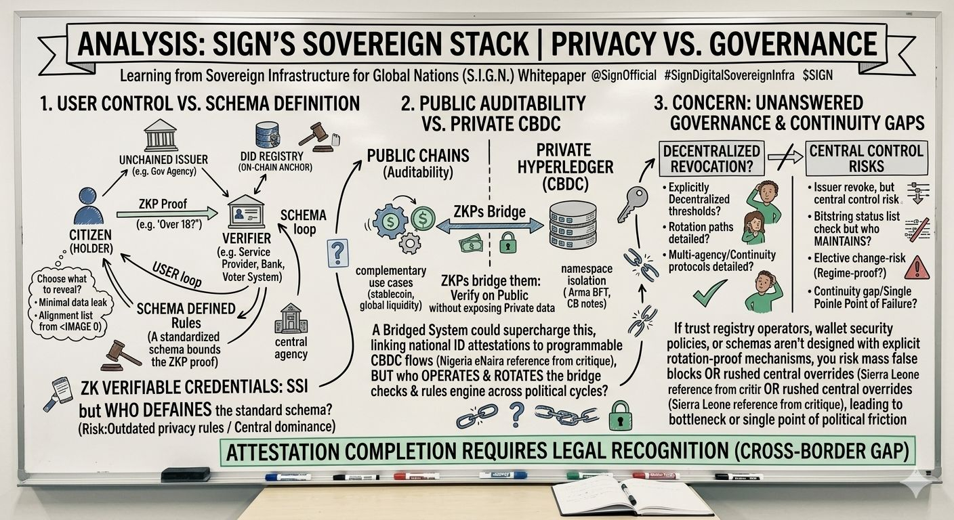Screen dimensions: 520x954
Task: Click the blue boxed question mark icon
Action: point(337,253)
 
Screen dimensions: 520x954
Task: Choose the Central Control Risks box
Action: point(866,158)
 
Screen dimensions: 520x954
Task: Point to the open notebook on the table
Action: point(630,498)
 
